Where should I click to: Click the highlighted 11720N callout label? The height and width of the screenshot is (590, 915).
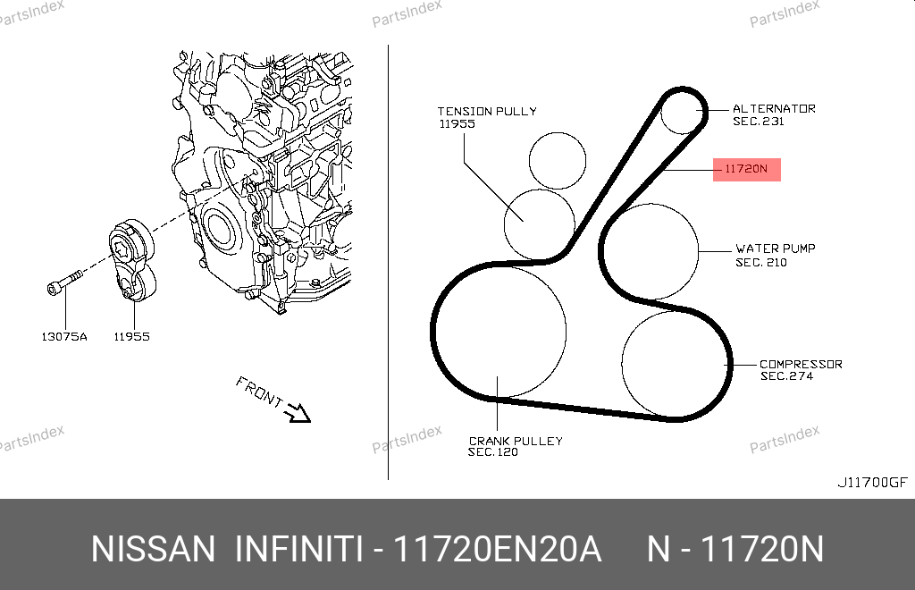point(746,169)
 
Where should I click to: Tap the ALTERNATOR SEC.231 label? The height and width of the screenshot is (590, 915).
point(774,115)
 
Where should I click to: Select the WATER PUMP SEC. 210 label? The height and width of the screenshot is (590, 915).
point(775,256)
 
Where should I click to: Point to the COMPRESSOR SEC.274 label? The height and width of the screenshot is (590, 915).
point(801,370)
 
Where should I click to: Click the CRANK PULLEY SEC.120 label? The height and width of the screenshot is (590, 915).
point(516,446)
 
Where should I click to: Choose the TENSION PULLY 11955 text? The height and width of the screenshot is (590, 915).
point(487,117)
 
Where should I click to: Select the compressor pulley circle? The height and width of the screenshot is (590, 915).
point(622,366)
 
